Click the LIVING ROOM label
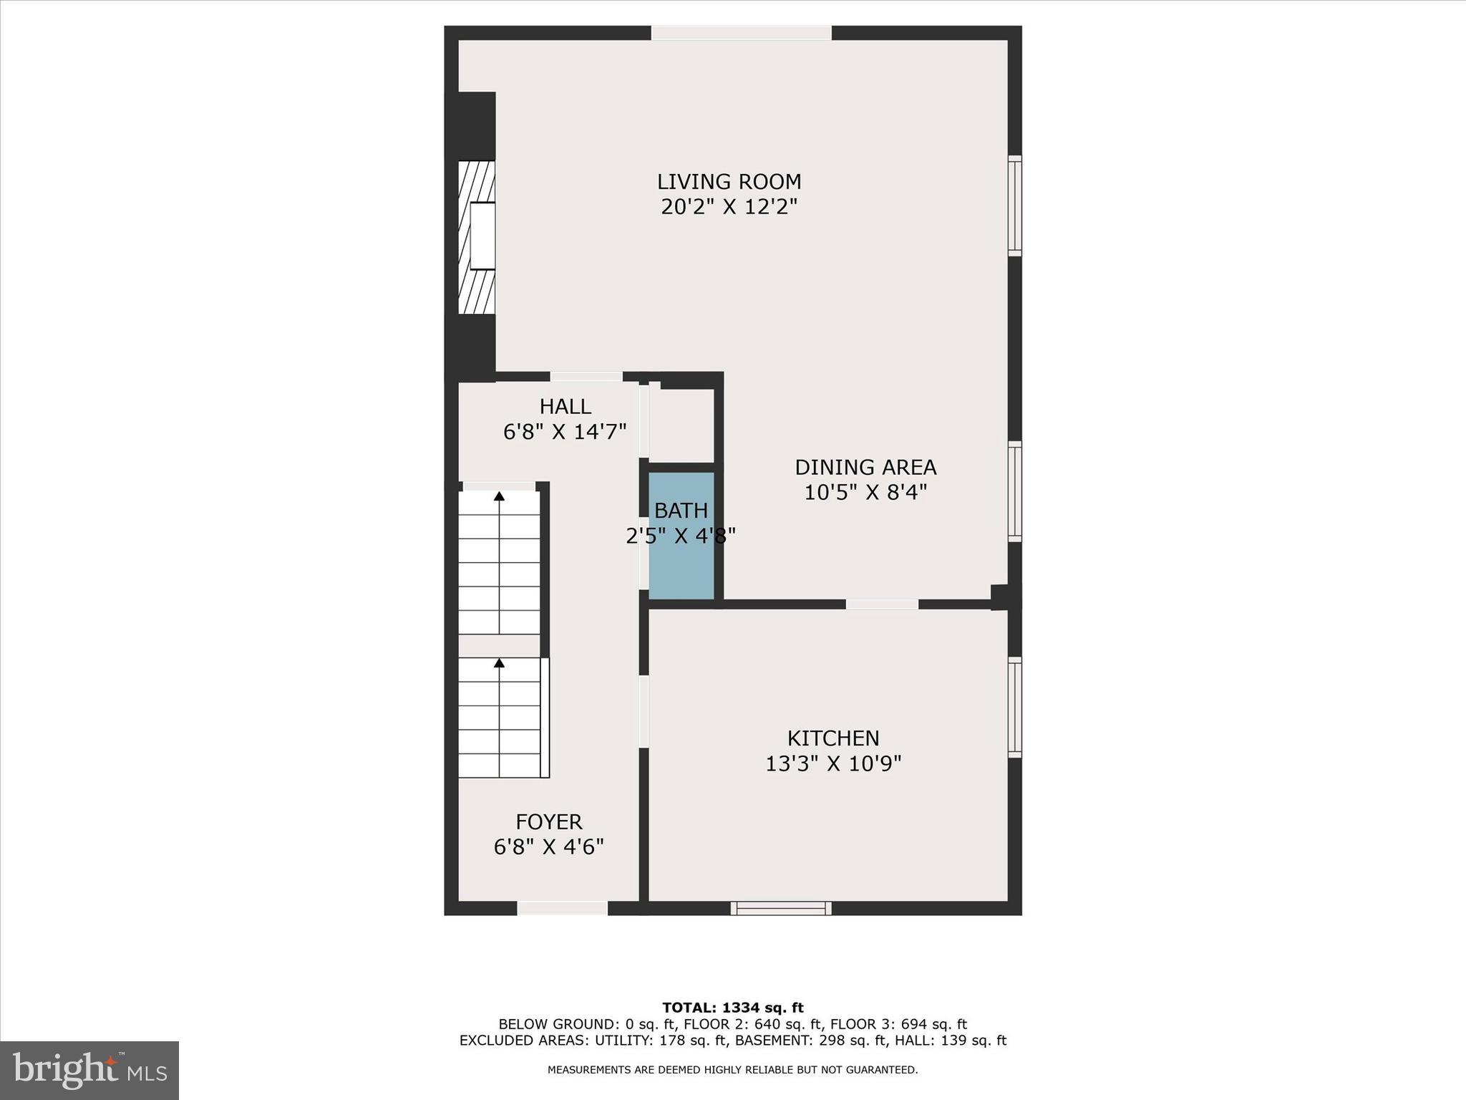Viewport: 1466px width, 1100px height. coord(729,182)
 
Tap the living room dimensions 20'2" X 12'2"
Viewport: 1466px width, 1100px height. coord(729,207)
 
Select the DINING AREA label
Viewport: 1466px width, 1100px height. coord(865,468)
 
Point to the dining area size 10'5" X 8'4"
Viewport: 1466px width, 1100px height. coord(865,493)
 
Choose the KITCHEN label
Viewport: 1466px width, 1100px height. coord(833,738)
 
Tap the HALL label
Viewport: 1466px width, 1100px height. coord(565,407)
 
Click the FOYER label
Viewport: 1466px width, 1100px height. coord(549,821)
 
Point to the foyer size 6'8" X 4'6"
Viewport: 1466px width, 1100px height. coord(549,847)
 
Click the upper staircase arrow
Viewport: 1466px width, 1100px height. coord(499,496)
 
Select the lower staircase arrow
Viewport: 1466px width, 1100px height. coord(499,663)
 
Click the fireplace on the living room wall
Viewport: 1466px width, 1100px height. coord(477,236)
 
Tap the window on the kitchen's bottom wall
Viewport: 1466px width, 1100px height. coord(781,908)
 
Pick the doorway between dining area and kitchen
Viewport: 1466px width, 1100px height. coord(882,604)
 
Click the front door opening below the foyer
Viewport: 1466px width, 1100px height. coord(562,908)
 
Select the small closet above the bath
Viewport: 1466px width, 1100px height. coord(681,426)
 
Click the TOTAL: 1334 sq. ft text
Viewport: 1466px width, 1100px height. coord(732,1008)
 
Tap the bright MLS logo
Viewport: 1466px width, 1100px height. coord(89,1070)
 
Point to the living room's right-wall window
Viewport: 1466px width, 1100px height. coord(1015,206)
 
